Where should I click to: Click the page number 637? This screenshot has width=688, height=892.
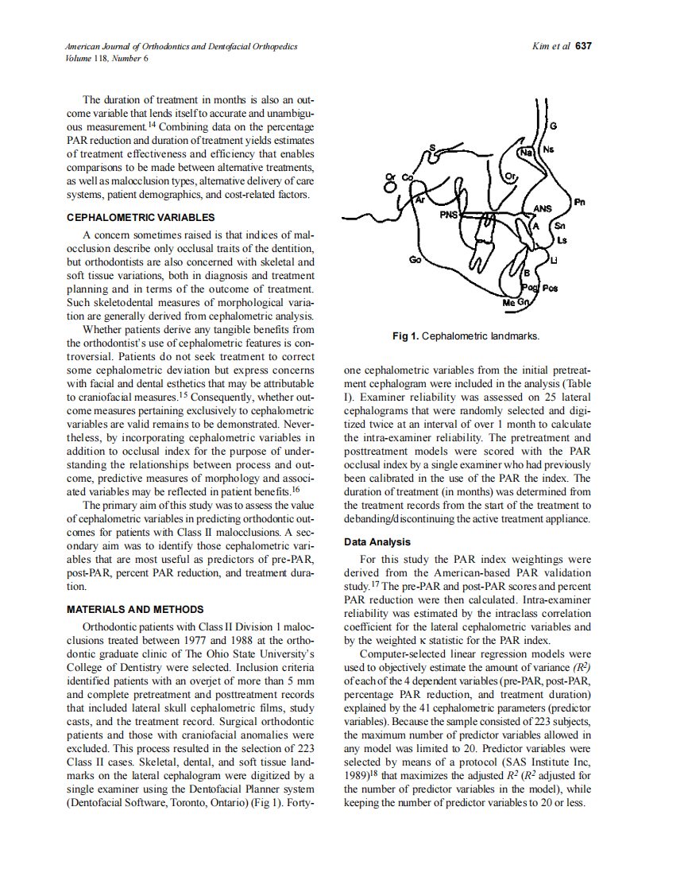coord(583,46)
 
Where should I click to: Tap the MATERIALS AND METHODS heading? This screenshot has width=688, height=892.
coord(135,610)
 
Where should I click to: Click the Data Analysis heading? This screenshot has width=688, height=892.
coord(377,542)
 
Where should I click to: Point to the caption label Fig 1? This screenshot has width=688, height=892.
coord(405,336)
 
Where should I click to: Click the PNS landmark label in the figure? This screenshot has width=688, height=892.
coord(450,214)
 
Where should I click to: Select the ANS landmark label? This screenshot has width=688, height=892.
coord(543,209)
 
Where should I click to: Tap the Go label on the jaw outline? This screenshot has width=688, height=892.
coord(414,259)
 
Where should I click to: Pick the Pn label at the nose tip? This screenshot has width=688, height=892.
coord(579,202)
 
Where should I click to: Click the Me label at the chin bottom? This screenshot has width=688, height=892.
coord(508,303)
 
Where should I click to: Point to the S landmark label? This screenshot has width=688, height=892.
coord(432,147)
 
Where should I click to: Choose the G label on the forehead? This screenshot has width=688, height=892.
coord(554,126)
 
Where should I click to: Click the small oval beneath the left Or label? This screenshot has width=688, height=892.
coord(389,188)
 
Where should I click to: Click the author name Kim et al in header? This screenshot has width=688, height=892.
coord(551,46)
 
